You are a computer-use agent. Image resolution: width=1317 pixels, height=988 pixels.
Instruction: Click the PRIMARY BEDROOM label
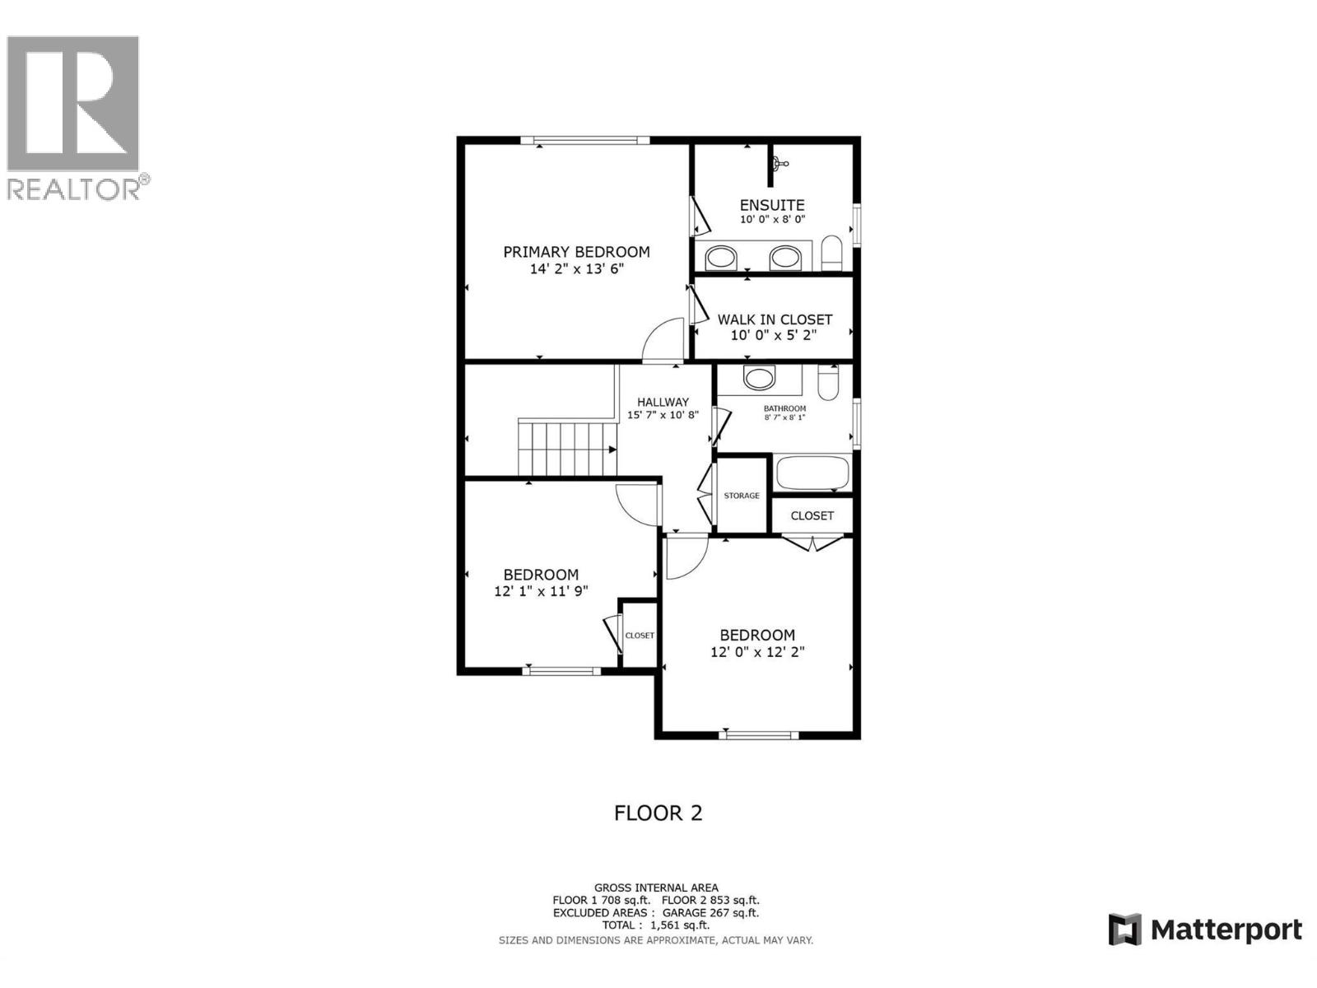576,252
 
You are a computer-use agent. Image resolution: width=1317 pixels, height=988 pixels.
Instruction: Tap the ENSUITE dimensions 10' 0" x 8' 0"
772,220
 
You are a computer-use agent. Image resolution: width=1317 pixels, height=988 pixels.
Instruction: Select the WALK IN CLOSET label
775,319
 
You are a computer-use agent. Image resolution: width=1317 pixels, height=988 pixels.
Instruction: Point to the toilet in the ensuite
832,253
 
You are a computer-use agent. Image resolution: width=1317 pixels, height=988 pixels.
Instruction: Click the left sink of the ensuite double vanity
722,259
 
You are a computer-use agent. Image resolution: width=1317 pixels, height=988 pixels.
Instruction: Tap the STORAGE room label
742,496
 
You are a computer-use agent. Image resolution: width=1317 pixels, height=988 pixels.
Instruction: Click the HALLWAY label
663,402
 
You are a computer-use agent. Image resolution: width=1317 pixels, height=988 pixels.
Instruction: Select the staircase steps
566,449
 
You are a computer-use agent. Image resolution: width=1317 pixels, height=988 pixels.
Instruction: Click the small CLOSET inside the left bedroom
640,635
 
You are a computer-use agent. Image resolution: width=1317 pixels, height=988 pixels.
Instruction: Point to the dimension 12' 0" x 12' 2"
757,652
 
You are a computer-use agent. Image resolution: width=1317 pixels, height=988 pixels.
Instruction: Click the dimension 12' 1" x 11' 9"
541,591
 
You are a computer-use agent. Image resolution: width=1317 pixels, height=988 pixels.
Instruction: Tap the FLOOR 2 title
658,813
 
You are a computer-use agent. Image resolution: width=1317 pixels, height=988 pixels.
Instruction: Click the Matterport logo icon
1124,930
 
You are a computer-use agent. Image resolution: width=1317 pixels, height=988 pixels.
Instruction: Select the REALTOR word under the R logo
74,189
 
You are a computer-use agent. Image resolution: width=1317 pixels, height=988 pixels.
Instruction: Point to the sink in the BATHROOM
758,378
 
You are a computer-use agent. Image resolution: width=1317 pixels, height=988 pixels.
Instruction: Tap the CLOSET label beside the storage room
812,515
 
